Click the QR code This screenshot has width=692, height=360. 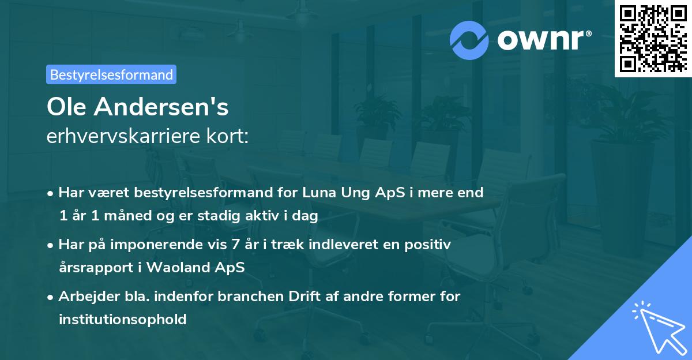pyautogui.click(x=653, y=38)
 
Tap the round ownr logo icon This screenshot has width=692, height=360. pyautogui.click(x=469, y=40)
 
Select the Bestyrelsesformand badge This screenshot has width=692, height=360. pyautogui.click(x=111, y=74)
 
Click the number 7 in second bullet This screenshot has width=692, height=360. pyautogui.click(x=234, y=245)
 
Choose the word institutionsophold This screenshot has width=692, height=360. pyautogui.click(x=123, y=319)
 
